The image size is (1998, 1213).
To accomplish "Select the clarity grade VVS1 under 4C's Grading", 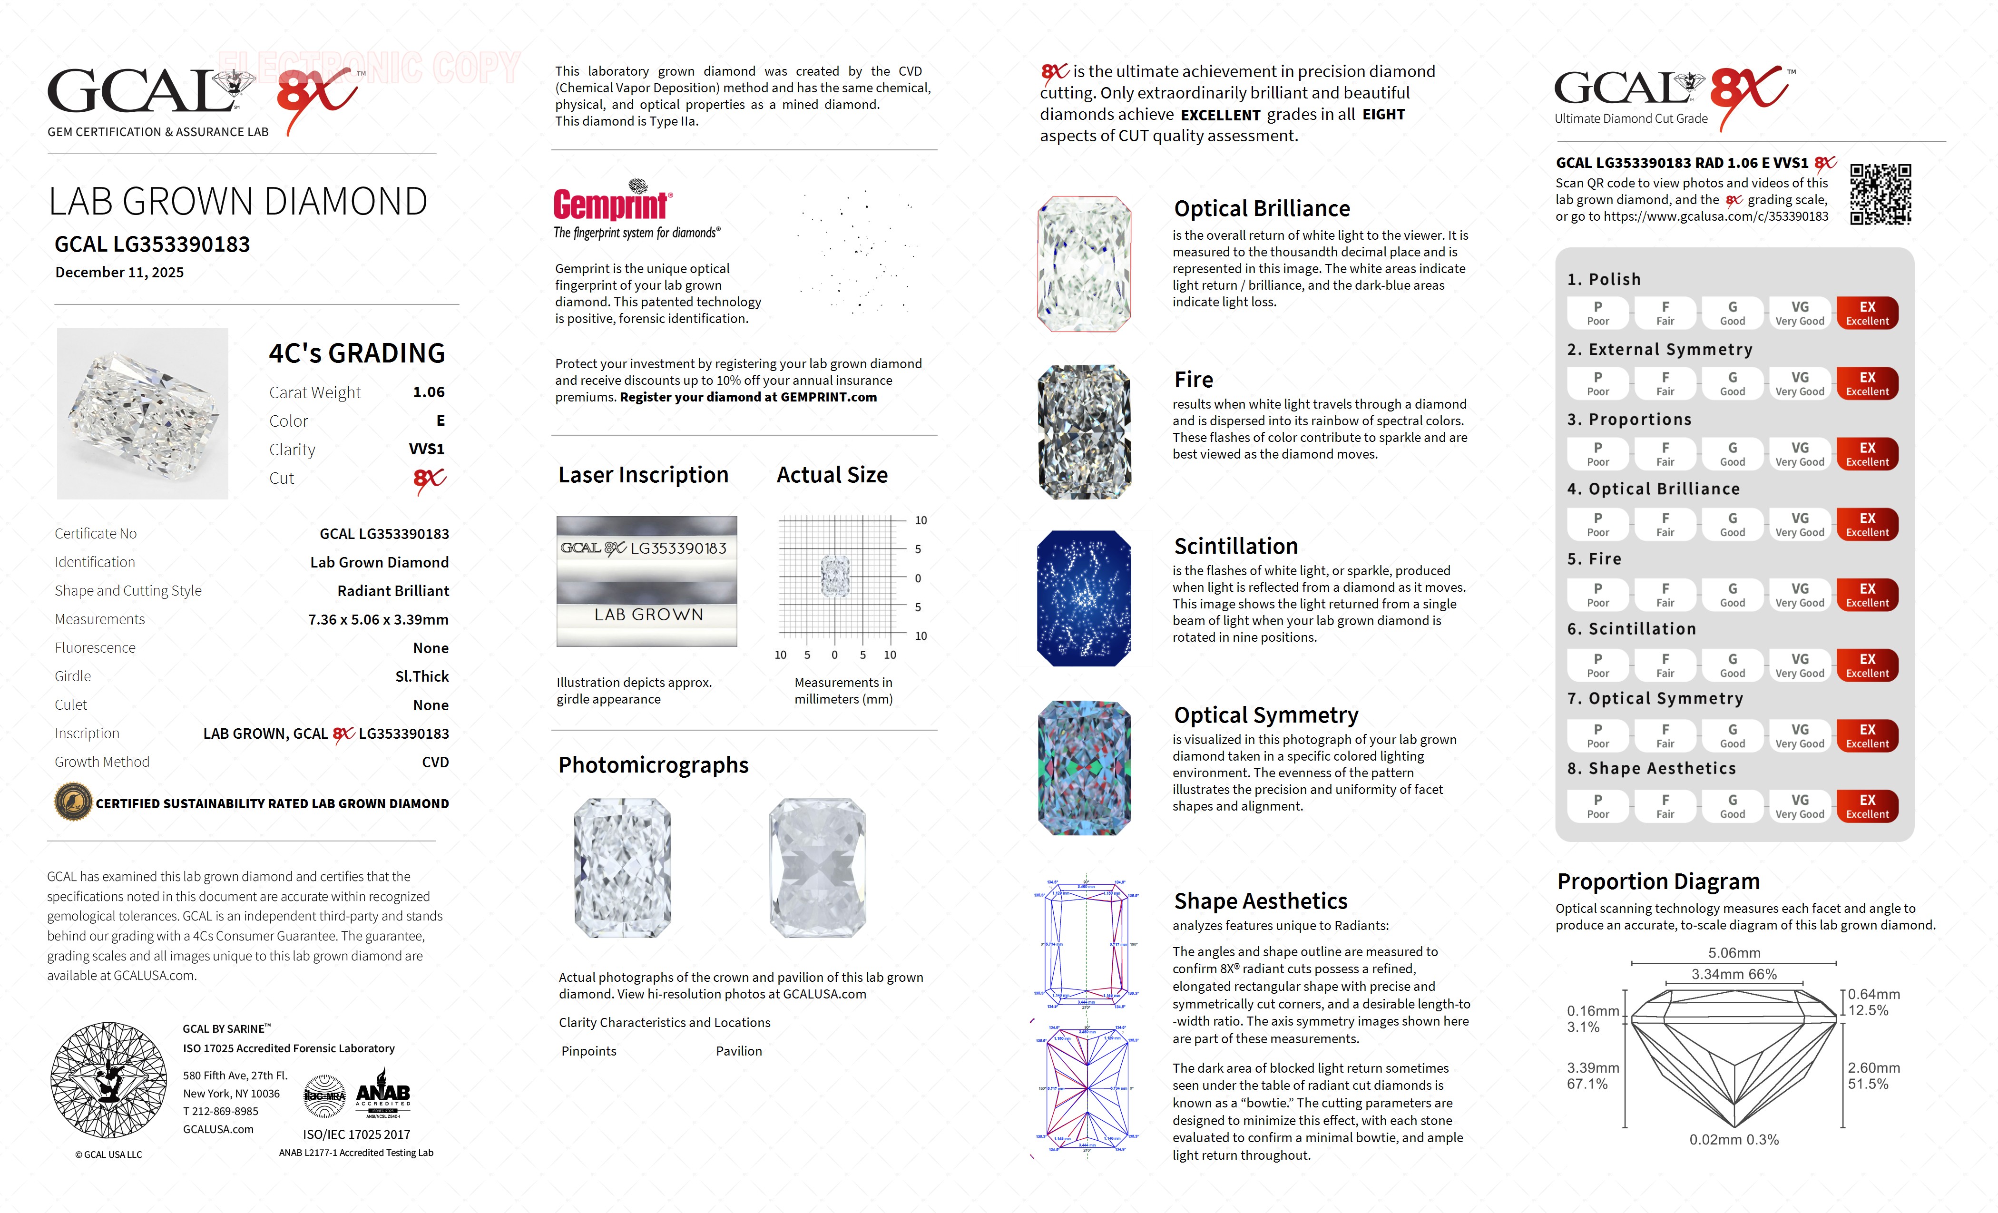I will [427, 449].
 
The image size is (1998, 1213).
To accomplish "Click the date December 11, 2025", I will [119, 273].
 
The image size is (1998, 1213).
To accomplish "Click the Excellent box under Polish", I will [1867, 313].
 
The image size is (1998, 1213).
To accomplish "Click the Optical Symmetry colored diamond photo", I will [1084, 768].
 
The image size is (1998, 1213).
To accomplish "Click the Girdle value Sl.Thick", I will [421, 676].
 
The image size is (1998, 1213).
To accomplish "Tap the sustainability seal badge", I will [73, 803].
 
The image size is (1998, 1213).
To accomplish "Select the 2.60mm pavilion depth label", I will [1873, 1068].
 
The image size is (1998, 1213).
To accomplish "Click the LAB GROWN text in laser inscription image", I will [648, 615].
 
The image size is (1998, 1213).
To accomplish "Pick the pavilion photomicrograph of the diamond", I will [817, 868].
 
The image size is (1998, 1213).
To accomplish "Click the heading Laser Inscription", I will [643, 475].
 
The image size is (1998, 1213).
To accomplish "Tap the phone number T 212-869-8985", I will [221, 1112].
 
